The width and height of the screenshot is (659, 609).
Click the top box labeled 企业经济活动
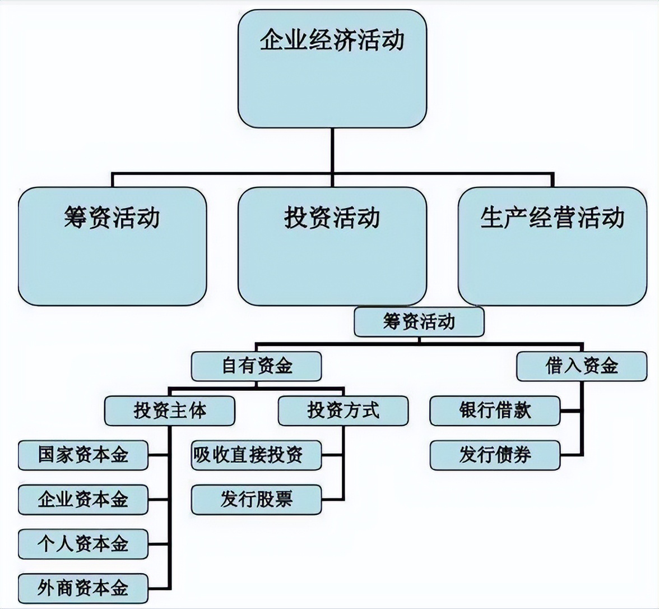coord(332,68)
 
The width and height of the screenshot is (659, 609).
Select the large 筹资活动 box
coord(112,246)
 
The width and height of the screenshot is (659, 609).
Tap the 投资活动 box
coord(332,246)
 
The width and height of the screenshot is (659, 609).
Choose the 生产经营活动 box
coord(552,246)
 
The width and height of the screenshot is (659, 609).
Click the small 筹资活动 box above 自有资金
coord(419,322)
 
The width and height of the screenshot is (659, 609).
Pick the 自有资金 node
coord(256,366)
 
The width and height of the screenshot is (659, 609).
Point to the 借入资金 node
coord(582,366)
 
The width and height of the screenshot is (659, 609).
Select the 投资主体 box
coord(169,410)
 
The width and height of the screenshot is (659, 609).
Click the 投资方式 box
coord(343,410)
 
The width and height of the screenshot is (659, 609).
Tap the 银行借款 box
coord(495,410)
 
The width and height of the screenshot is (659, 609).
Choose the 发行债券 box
coord(495,455)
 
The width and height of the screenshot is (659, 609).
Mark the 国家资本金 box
coord(83,455)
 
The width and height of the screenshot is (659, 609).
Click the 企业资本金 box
coord(83,499)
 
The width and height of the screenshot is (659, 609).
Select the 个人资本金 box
coord(83,543)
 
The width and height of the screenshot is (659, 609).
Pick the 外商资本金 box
coord(83,588)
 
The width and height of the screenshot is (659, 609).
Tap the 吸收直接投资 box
coord(256,455)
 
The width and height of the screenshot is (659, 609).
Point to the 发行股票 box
coord(256,499)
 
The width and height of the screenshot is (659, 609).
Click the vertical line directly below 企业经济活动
coord(332,150)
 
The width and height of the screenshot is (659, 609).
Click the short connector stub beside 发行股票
coord(333,499)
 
